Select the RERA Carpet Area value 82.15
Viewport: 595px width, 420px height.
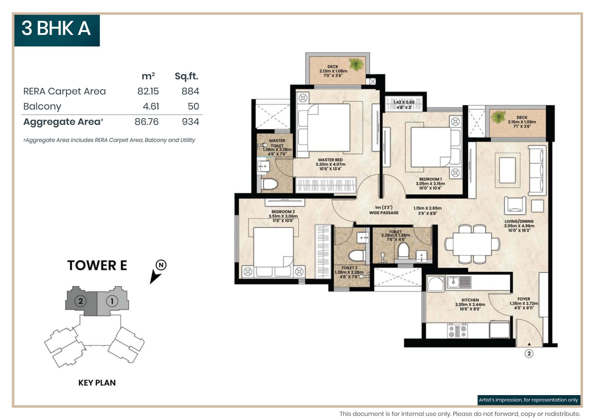[148, 91]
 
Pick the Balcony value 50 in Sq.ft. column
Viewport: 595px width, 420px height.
[193, 107]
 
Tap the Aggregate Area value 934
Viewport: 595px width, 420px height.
[190, 122]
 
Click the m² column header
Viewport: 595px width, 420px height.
[148, 76]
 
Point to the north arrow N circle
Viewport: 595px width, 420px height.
[161, 265]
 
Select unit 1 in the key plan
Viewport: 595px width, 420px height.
[112, 301]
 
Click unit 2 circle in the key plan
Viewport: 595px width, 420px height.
[80, 301]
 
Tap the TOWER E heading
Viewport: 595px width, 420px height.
[97, 265]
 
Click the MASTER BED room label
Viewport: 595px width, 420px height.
[330, 160]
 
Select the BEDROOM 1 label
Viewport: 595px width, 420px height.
[430, 179]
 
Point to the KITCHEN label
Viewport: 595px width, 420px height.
[470, 300]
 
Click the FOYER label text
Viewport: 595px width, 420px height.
[524, 299]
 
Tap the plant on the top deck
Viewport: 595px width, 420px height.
[356, 64]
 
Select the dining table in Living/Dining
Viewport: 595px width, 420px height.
[472, 244]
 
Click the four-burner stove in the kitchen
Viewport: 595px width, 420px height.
[457, 330]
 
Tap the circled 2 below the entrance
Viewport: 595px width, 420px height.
[529, 353]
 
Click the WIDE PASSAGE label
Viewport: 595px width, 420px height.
[383, 213]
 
